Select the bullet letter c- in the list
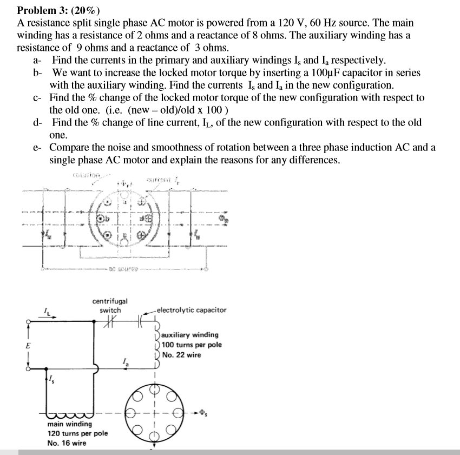pos(37,97)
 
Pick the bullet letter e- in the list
pos(37,148)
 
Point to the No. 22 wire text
pos(181,355)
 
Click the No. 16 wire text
pos(67,443)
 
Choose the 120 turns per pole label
pos(77,433)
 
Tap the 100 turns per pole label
pos(191,345)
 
